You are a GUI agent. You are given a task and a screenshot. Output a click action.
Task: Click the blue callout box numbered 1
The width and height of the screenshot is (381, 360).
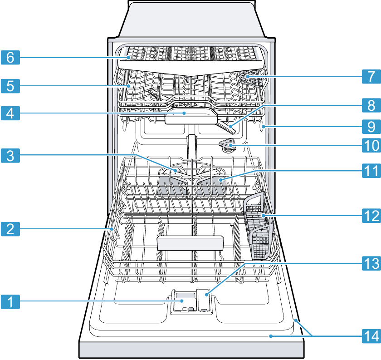(10, 302)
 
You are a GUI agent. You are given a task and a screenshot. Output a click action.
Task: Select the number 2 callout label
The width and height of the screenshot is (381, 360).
(10, 229)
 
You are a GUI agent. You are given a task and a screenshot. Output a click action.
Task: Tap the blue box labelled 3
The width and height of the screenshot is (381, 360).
(10, 156)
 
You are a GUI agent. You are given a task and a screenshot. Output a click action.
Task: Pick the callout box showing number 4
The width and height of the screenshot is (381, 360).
(10, 113)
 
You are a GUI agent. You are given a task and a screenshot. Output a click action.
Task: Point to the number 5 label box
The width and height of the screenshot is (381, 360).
(10, 86)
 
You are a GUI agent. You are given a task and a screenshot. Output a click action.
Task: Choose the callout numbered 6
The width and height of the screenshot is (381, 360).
(10, 57)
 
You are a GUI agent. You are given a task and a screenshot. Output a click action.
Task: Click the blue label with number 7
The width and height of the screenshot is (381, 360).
(371, 76)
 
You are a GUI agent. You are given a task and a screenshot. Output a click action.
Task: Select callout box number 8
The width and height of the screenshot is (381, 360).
(371, 105)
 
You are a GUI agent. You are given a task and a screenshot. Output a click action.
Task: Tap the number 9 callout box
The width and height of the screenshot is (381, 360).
(371, 127)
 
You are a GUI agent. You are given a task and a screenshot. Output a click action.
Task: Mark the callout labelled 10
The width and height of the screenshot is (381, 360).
(371, 145)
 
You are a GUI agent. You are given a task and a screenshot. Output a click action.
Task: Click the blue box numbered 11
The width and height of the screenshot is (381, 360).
(371, 171)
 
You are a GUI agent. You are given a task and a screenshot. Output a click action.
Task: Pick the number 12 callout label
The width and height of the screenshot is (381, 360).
(371, 216)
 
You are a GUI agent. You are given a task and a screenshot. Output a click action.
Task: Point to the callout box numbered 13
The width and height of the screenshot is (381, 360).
(371, 263)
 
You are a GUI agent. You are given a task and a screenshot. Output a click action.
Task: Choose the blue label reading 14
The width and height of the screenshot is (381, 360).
(371, 336)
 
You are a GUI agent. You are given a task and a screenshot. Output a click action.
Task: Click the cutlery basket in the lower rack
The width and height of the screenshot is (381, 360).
(259, 226)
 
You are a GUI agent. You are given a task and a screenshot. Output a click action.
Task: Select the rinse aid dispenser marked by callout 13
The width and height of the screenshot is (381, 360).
(204, 301)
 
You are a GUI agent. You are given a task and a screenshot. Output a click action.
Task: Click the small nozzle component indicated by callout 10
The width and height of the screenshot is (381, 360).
(227, 145)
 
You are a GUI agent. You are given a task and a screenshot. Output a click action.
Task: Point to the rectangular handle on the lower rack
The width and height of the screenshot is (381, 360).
(190, 243)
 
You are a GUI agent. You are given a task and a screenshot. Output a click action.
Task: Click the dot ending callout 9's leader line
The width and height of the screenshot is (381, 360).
(264, 127)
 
